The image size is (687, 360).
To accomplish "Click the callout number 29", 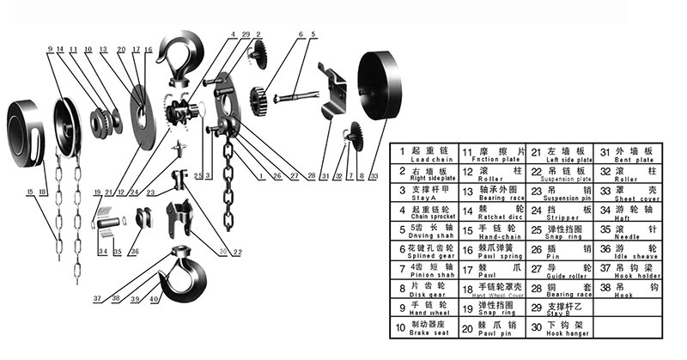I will (x=246, y=34).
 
